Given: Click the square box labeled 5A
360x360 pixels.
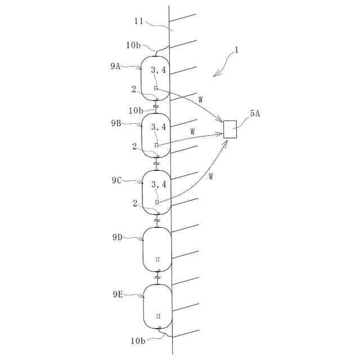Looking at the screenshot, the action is [231, 129].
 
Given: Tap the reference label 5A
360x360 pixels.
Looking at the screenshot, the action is [254, 114].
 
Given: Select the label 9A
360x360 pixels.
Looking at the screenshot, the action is [115, 66].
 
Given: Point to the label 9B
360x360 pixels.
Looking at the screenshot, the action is [115, 124].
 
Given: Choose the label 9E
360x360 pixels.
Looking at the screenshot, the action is [117, 294].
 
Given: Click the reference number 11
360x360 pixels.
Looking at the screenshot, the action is [139, 22].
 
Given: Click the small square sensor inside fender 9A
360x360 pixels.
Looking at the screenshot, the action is [156, 88].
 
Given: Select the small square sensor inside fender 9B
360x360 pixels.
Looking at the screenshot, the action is [157, 145].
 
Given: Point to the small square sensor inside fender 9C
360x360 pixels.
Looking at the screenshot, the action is [157, 201].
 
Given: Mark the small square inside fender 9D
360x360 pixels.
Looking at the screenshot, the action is [157, 259].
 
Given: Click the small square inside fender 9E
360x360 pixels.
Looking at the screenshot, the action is [158, 316].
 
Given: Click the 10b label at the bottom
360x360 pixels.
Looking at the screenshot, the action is [138, 340].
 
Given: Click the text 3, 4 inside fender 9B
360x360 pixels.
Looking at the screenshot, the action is [158, 127].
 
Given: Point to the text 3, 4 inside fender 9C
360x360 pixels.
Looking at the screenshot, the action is [158, 184].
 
